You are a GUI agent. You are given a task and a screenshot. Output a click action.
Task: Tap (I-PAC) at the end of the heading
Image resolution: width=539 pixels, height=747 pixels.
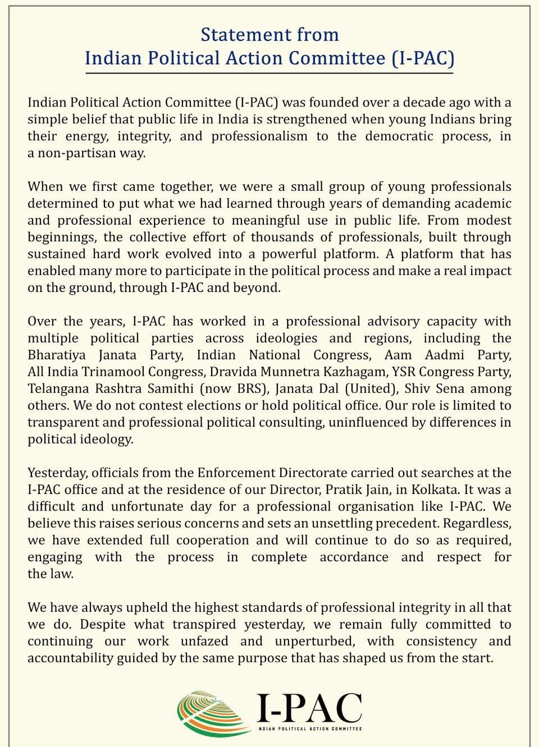[x=422, y=58]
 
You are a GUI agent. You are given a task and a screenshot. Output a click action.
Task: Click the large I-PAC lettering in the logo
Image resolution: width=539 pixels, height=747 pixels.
[x=309, y=707]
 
